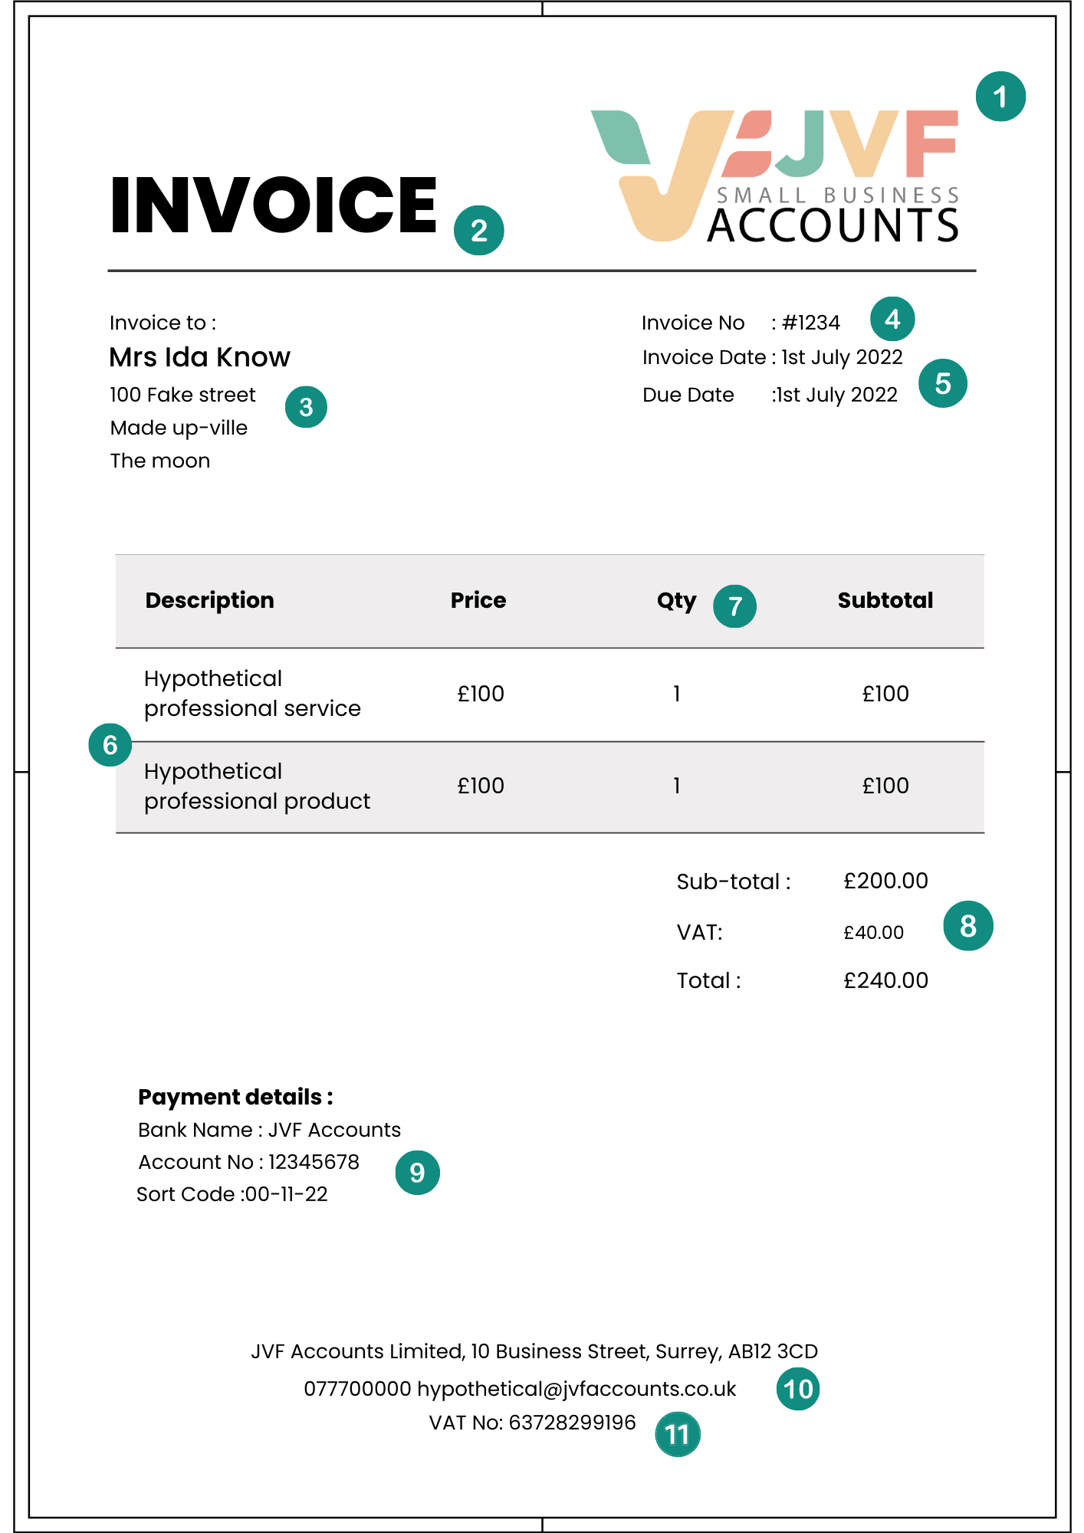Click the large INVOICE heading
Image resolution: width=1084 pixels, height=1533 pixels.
[273, 205]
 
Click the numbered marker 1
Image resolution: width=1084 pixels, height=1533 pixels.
[1000, 97]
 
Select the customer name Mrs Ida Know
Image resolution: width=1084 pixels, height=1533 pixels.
[199, 357]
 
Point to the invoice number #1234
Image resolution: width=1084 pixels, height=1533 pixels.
[810, 323]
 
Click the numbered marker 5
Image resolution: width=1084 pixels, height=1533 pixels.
[943, 383]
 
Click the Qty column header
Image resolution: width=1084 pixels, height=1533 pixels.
[676, 600]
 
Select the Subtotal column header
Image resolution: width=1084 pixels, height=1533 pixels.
[885, 600]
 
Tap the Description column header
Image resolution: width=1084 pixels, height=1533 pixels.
[209, 600]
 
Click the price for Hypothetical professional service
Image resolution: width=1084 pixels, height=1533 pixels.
[481, 694]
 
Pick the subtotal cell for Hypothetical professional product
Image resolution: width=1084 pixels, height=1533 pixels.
[885, 786]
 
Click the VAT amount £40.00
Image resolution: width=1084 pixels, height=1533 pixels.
[873, 933]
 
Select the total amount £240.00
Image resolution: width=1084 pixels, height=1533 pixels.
[885, 980]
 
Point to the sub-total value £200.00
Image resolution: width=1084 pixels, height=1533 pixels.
[885, 881]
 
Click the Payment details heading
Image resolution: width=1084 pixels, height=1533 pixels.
[235, 1097]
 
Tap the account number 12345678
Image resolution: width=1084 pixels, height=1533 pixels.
[314, 1162]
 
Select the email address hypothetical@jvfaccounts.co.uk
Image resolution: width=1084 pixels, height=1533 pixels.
[576, 1389]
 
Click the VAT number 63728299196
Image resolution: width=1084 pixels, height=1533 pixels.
[572, 1423]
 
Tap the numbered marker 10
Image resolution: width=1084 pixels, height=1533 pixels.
[797, 1389]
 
